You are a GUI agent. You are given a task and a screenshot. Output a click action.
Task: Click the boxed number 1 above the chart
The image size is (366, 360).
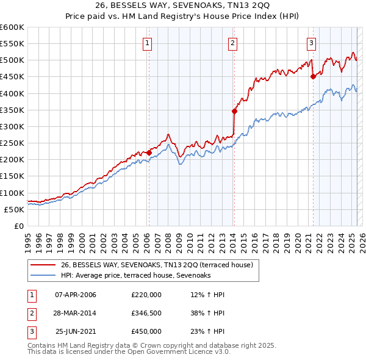click(148, 43)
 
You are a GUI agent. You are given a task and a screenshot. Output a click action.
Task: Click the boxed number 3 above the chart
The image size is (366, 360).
click(311, 43)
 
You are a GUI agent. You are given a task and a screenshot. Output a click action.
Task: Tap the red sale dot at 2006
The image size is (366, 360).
click(149, 153)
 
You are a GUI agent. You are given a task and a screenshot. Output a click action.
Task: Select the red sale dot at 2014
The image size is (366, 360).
click(234, 111)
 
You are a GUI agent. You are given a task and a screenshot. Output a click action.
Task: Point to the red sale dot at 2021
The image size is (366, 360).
click(313, 76)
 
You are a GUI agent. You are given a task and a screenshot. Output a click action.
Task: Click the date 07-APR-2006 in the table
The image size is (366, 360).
click(76, 295)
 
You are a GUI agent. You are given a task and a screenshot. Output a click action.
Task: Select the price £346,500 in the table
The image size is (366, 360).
click(146, 313)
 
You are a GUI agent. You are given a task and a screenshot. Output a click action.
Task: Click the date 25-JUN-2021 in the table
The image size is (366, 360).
click(76, 331)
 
